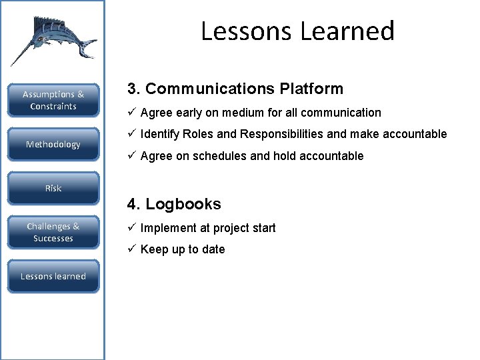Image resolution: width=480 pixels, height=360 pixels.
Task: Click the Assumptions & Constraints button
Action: pos(53,100)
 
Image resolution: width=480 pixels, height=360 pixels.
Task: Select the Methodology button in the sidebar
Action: pos(53,145)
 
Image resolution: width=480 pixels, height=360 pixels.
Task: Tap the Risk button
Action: pos(53,189)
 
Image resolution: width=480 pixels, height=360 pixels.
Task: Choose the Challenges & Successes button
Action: pos(53,232)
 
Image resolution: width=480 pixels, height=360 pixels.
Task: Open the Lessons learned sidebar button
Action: pos(53,276)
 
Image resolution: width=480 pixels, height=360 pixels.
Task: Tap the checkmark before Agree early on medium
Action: pos(132,113)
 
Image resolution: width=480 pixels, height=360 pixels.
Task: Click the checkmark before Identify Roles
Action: pos(132,134)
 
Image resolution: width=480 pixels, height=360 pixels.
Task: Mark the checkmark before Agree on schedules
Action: pos(132,156)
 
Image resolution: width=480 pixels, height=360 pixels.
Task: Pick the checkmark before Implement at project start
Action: pos(132,228)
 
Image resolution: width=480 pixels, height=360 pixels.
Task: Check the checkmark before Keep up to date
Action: pos(132,249)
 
